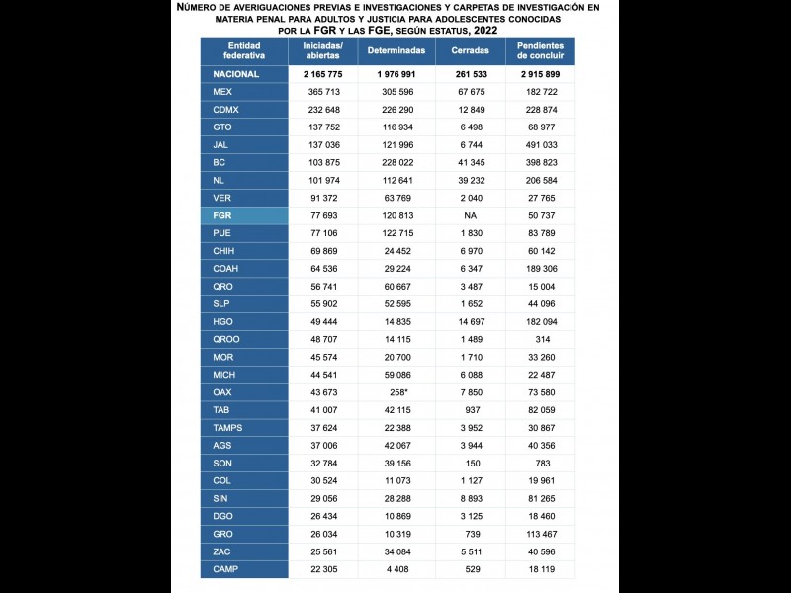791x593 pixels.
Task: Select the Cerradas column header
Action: coord(470,49)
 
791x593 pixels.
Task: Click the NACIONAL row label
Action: coord(236,74)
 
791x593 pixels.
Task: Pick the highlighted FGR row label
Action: coord(222,214)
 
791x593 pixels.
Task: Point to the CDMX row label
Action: coord(227,109)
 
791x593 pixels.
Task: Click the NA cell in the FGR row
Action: coord(471,214)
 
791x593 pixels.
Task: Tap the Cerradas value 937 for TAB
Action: coord(471,410)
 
